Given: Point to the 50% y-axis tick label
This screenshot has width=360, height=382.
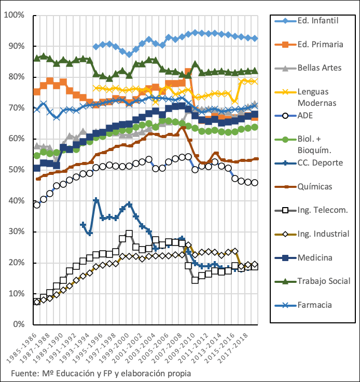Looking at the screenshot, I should [x=16, y=170].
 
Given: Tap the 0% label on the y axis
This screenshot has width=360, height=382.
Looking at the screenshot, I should [x=18, y=324].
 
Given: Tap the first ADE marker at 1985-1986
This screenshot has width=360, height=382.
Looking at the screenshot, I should [x=36, y=204].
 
